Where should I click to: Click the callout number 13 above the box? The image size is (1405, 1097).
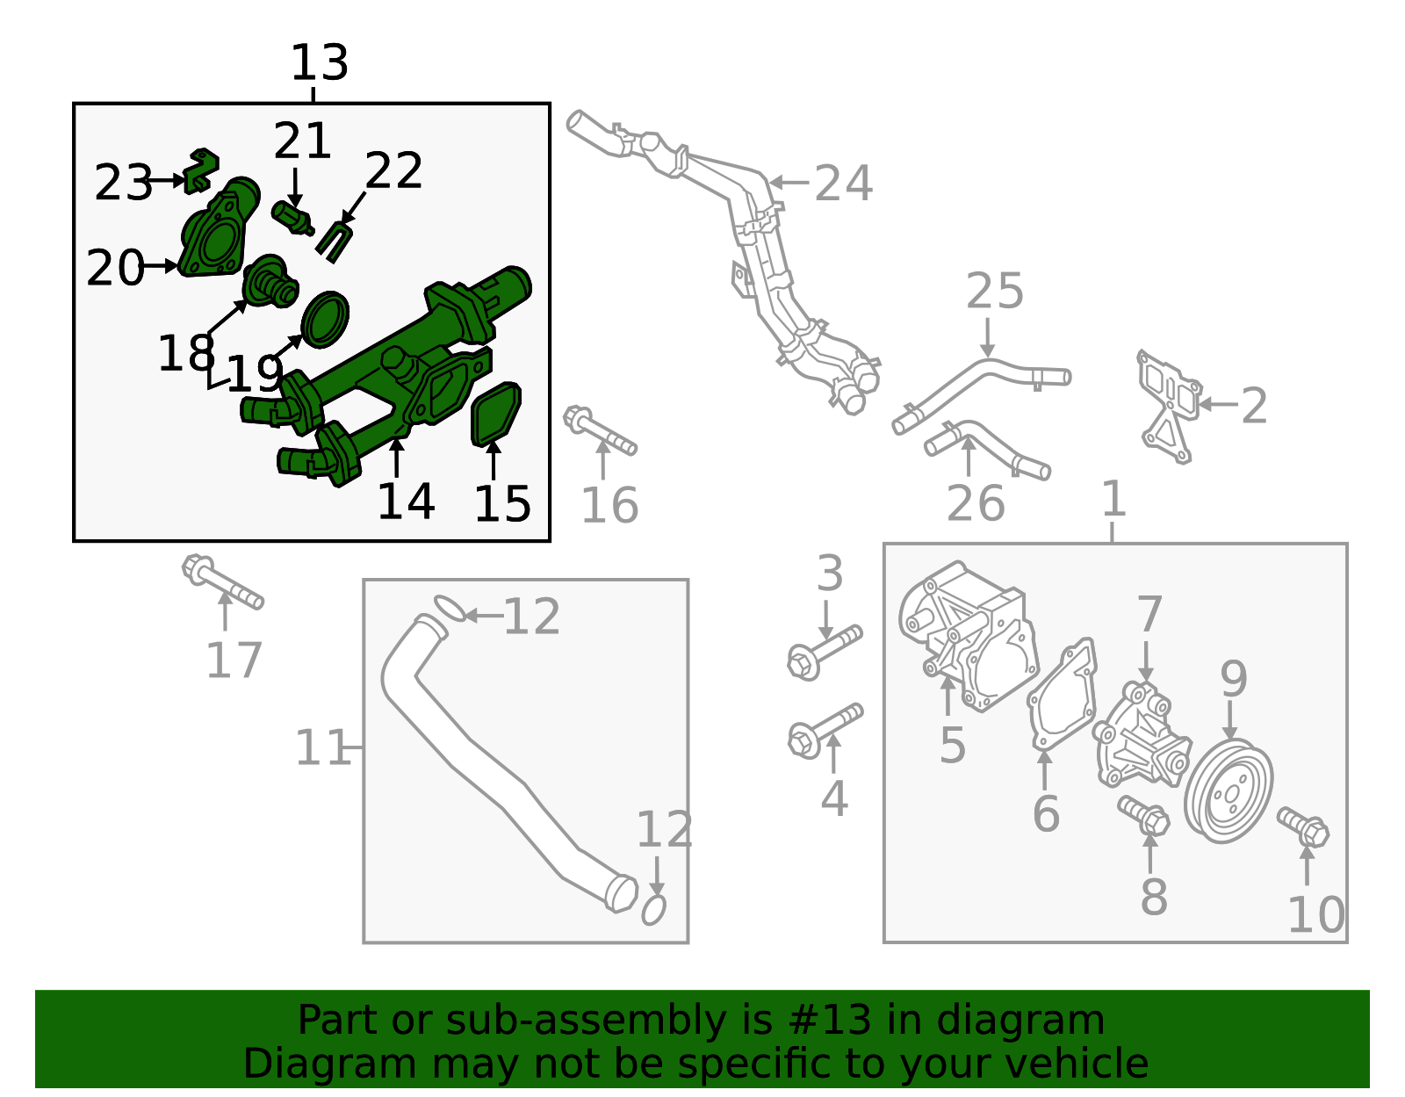320,64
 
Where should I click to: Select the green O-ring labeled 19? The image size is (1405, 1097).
325,320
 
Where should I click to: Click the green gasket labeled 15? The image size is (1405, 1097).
496,413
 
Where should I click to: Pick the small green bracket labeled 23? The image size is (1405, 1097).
203,170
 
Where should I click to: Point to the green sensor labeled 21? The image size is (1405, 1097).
292,217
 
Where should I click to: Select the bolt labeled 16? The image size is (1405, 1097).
600,431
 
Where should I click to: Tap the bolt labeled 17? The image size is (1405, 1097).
222,582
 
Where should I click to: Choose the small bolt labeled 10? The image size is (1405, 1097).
1304,826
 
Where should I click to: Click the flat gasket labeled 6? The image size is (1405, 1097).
1063,694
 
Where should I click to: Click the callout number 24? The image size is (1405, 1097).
843,184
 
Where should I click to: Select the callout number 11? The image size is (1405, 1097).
322,748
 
